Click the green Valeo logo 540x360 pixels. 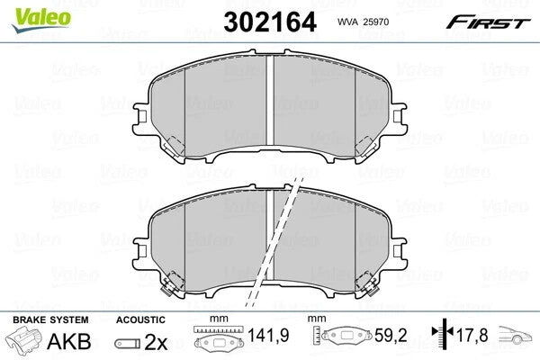coord(41,20)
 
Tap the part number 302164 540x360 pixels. coord(270,22)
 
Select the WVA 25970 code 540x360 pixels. coord(363,22)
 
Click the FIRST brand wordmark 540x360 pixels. coord(488,22)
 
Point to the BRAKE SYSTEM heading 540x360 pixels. coord(50,320)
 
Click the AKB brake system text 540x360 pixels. coord(69,341)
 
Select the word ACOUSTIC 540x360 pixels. coord(140,320)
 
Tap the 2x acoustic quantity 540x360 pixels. coord(156,342)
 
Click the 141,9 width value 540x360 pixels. coord(268,335)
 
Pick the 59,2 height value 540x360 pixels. coord(391,335)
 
